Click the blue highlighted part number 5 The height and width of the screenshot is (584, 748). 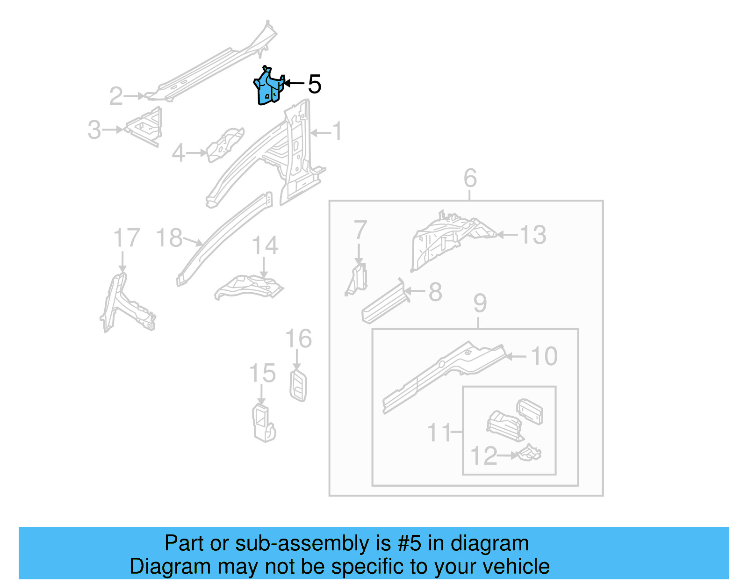tap(269, 88)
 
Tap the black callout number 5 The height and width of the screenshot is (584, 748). tap(315, 84)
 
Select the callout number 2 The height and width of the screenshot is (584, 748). tap(116, 96)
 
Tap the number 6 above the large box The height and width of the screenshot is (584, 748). tap(470, 178)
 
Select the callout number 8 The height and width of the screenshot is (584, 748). tap(435, 292)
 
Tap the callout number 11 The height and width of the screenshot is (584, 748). tap(439, 433)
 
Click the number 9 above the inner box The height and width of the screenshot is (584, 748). tap(480, 303)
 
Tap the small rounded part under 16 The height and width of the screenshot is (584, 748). tap(298, 386)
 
